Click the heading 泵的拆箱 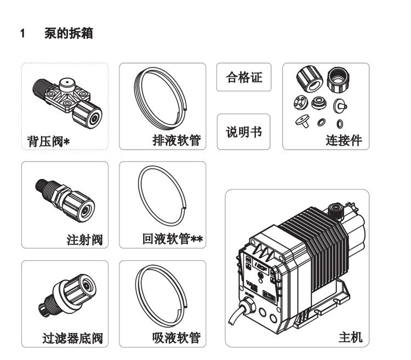[x=68, y=33]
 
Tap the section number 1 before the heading [x=22, y=33]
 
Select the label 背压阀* [x=48, y=141]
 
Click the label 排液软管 [x=176, y=140]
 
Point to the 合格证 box [x=244, y=77]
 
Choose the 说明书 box [x=243, y=132]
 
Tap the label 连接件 [x=344, y=140]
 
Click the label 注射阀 [x=84, y=239]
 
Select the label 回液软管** [x=173, y=239]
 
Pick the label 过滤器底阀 [x=72, y=338]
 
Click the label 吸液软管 [x=176, y=338]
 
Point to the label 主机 [x=351, y=337]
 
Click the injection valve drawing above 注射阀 [x=65, y=200]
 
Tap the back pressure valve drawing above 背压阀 [x=67, y=102]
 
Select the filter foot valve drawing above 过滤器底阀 [x=67, y=295]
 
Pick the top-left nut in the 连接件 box [x=310, y=78]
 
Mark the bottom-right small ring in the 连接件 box [x=340, y=124]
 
